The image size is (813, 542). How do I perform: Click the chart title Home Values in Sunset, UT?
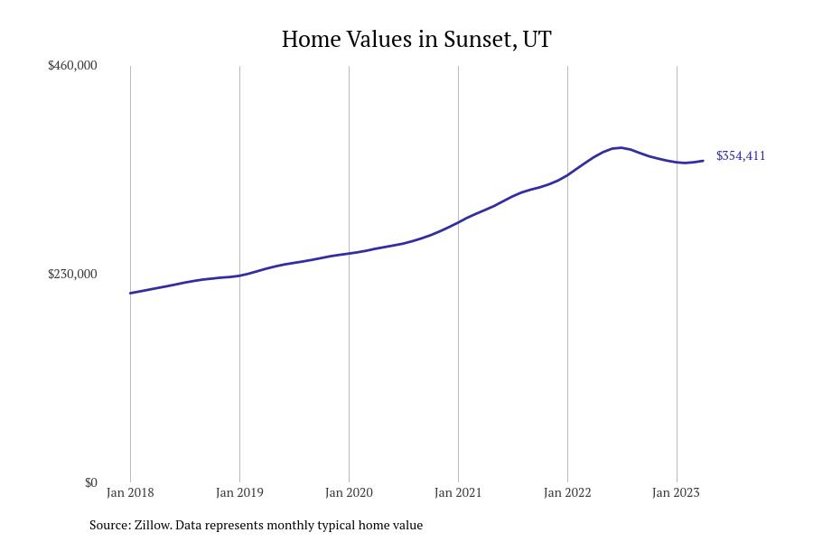tap(416, 39)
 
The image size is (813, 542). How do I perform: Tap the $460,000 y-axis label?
tap(72, 65)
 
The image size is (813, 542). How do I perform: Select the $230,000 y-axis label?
tap(72, 274)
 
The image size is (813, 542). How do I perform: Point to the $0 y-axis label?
tap(90, 482)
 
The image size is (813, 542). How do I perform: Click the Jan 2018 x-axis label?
tap(130, 492)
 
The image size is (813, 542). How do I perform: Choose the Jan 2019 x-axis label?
tap(239, 492)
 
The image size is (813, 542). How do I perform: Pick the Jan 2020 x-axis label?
tap(349, 492)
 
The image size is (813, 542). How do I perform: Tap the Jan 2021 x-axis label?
tap(458, 492)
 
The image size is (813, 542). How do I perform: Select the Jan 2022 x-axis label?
tap(567, 492)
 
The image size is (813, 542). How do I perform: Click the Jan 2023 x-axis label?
tap(676, 492)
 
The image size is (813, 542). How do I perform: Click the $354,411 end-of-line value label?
tap(741, 155)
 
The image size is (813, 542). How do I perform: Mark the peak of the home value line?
tap(620, 147)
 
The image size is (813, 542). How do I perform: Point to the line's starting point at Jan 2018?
tap(130, 293)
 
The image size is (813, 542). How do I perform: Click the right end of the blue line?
tap(703, 161)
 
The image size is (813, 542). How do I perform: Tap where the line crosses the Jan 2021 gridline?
tap(458, 221)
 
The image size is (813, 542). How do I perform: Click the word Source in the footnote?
tap(108, 525)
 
